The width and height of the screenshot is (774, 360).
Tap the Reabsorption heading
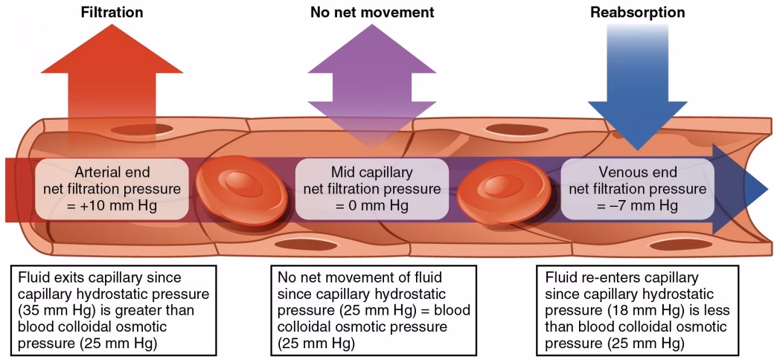coord(637,13)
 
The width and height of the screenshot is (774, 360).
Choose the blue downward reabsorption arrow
coord(637,89)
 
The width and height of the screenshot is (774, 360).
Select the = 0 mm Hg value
coord(371,205)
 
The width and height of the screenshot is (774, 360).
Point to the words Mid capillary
coord(371,169)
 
